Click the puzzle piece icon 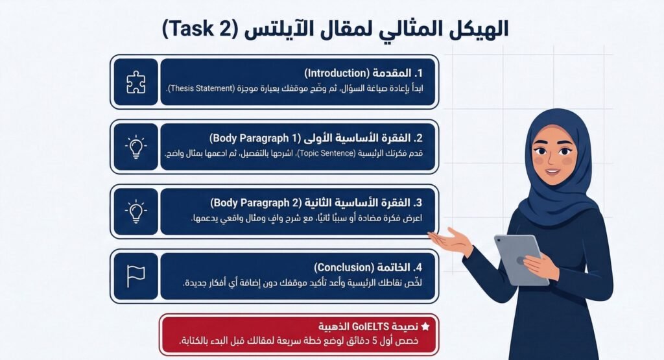coord(136,82)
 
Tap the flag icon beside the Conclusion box coord(136,276)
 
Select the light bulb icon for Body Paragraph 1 coord(136,147)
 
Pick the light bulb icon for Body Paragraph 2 coord(136,211)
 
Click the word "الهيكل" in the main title coord(478,28)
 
